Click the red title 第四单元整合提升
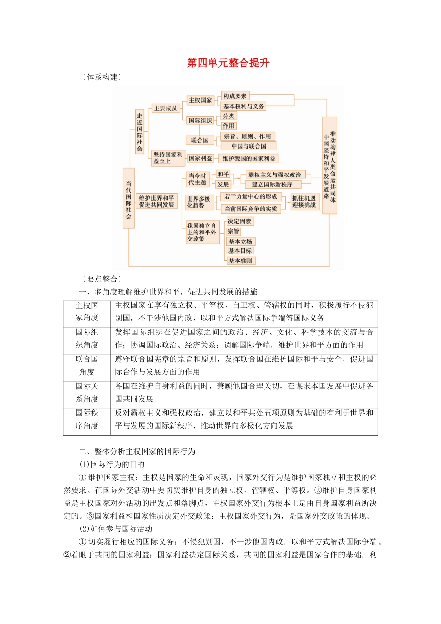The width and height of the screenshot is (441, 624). click(x=228, y=63)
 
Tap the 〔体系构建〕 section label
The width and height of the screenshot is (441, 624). click(x=102, y=77)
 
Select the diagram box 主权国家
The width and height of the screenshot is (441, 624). click(x=200, y=100)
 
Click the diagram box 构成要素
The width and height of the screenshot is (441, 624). click(x=235, y=96)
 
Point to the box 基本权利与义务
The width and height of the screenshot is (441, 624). click(x=243, y=106)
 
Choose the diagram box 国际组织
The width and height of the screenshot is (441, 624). click(x=200, y=121)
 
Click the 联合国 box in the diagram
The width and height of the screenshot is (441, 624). click(x=200, y=140)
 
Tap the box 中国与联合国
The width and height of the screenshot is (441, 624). click(x=249, y=146)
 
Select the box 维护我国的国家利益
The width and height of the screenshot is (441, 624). click(x=248, y=158)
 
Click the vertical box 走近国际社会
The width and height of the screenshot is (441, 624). click(x=140, y=132)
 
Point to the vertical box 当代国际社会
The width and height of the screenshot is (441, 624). click(x=129, y=200)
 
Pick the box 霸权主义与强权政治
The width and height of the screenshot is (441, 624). click(x=274, y=175)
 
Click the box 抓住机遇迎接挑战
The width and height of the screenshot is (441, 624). click(x=304, y=201)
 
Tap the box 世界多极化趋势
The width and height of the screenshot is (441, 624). click(x=198, y=202)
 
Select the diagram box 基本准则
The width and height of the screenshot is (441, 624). click(x=240, y=261)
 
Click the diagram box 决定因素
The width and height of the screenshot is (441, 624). click(x=239, y=221)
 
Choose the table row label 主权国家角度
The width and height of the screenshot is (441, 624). click(x=87, y=312)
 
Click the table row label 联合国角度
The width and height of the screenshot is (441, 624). click(x=87, y=365)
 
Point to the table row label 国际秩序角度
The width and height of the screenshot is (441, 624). click(x=87, y=419)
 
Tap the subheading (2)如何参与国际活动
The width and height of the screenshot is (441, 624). click(x=116, y=529)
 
